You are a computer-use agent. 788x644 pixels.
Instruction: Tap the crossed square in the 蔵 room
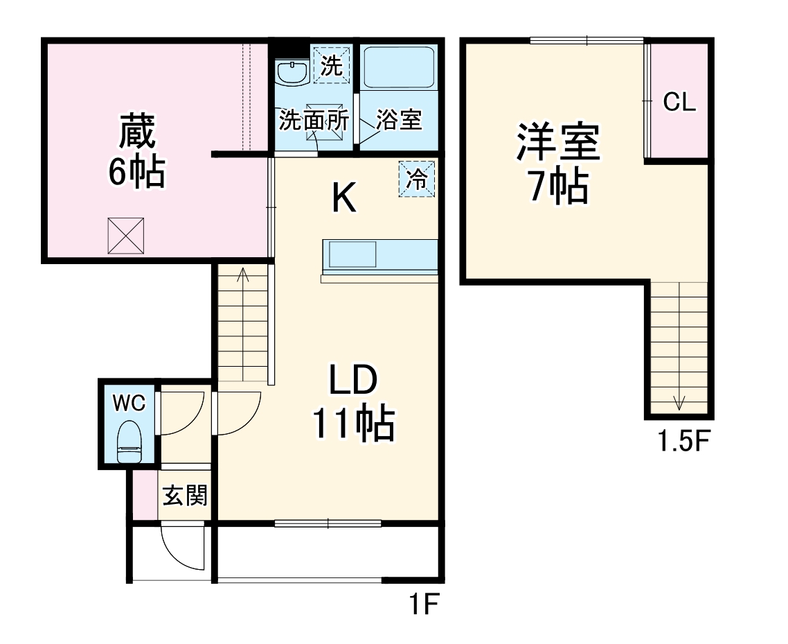click(x=126, y=236)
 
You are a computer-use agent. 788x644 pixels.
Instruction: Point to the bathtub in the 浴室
click(x=397, y=67)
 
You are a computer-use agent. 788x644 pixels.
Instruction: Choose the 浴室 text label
click(x=399, y=120)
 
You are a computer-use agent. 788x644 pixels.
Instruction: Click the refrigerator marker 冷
click(x=417, y=179)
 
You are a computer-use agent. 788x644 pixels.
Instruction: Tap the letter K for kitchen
click(x=343, y=200)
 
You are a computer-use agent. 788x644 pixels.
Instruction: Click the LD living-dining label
click(x=352, y=381)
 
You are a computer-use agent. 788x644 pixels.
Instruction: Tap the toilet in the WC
click(x=130, y=441)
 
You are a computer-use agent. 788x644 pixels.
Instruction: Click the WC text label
click(x=129, y=403)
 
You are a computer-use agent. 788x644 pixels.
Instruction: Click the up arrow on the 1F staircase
click(x=243, y=275)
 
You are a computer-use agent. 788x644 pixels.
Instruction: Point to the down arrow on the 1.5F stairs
click(x=679, y=401)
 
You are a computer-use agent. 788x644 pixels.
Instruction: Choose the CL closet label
click(x=679, y=102)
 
